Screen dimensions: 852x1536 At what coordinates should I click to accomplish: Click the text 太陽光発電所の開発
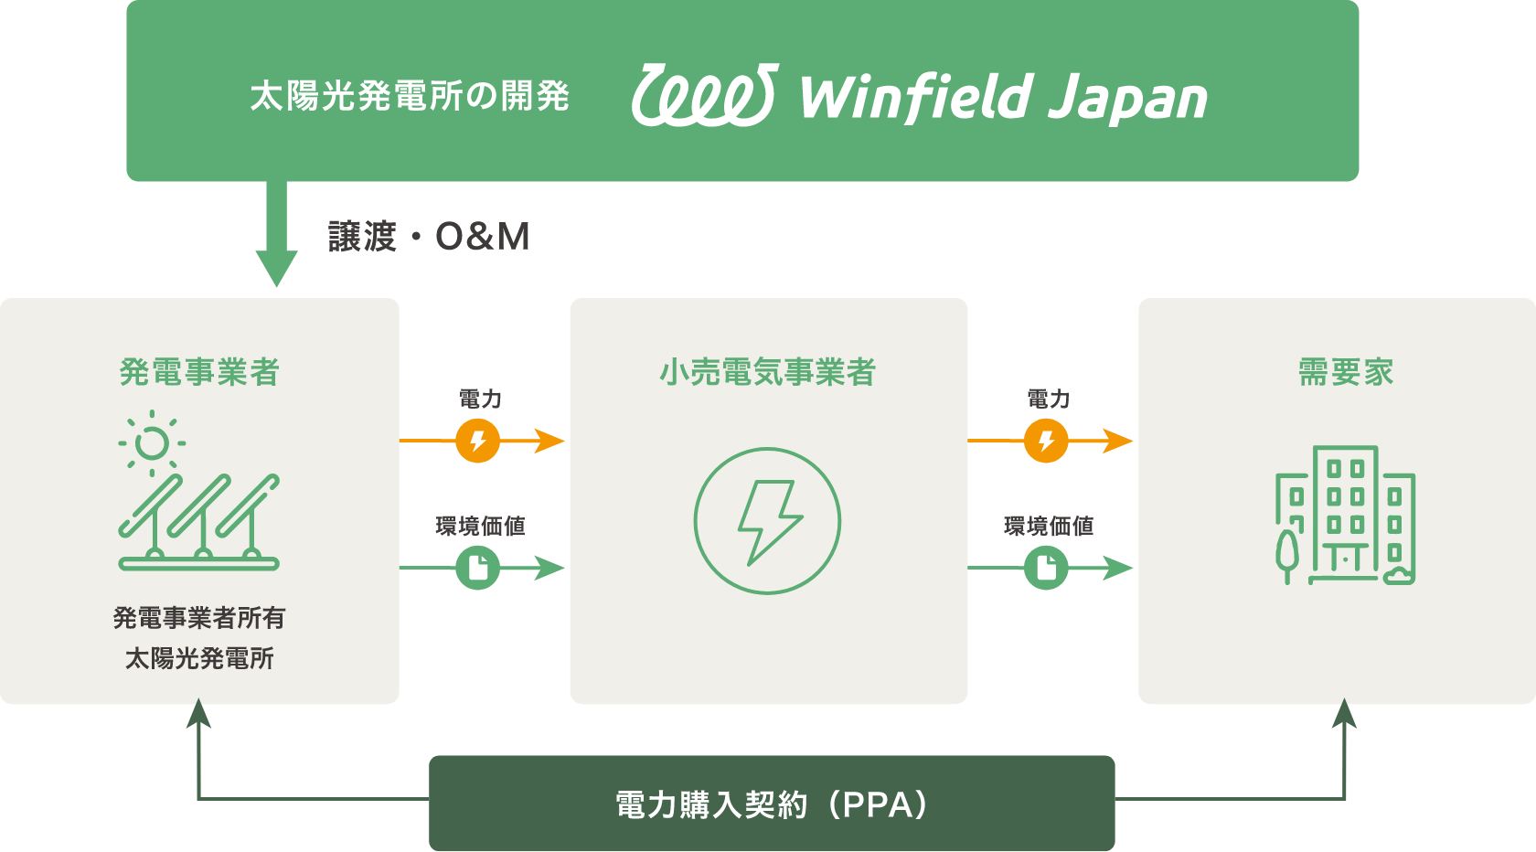(x=410, y=96)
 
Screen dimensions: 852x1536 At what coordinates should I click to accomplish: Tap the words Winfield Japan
(x=1003, y=98)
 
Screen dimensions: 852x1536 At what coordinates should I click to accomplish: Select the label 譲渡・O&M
(x=429, y=237)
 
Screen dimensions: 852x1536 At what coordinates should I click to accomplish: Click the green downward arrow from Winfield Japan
(x=276, y=238)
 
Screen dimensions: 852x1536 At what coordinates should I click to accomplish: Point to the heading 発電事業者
(x=199, y=372)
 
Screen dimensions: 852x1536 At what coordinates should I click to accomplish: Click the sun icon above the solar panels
(x=152, y=443)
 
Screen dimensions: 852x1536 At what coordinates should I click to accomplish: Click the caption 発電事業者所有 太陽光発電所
(x=199, y=637)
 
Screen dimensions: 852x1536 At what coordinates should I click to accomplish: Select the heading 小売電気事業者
(x=768, y=372)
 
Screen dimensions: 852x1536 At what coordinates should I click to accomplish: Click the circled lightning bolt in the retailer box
(x=767, y=521)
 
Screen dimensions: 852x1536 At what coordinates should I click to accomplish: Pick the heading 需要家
(x=1346, y=372)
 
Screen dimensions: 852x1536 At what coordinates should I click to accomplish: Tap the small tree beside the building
(x=1287, y=553)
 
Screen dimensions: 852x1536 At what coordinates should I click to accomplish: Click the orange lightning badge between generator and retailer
(x=478, y=442)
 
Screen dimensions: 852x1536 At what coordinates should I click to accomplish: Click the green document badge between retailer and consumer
(x=1047, y=568)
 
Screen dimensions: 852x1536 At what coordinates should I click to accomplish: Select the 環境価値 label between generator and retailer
(x=480, y=526)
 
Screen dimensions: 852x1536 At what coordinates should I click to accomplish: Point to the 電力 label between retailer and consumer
(x=1048, y=399)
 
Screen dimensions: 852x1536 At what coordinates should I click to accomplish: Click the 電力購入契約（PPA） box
(x=772, y=804)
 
